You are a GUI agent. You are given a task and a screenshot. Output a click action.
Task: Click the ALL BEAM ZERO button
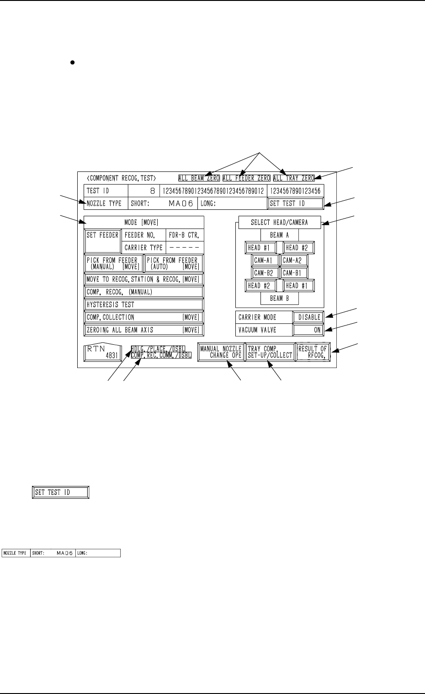(199, 178)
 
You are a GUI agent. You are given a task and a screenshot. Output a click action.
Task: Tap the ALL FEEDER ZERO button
(246, 178)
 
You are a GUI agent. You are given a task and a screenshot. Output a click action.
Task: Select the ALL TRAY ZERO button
(294, 178)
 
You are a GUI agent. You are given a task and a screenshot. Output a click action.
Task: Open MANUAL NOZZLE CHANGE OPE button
(221, 352)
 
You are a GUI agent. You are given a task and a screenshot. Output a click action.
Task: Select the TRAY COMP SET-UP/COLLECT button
(270, 352)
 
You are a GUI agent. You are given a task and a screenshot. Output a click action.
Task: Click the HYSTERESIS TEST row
(144, 304)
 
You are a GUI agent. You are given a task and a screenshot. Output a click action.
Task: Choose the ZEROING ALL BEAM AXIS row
(144, 330)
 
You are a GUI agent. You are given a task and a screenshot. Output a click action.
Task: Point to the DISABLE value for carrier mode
(309, 317)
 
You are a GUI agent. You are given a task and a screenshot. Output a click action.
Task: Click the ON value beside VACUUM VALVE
(309, 330)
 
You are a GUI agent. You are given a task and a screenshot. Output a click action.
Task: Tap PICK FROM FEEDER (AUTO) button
(174, 263)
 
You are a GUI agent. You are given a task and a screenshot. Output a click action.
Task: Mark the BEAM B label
(279, 299)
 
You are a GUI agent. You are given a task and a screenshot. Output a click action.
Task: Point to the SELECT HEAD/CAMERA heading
(279, 223)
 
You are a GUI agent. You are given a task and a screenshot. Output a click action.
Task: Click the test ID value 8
(144, 191)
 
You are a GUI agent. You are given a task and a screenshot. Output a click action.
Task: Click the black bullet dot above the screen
(72, 64)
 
